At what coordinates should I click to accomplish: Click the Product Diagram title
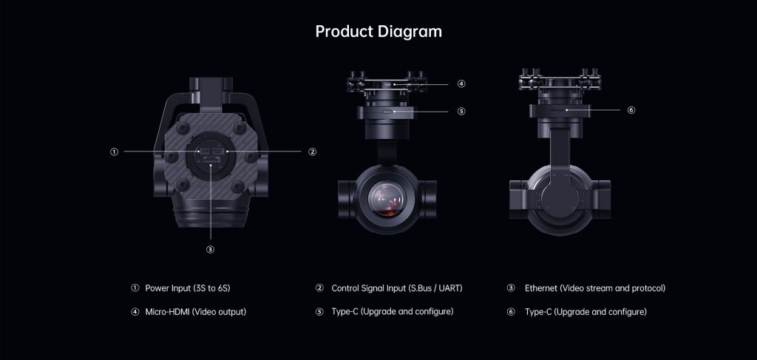click(378, 31)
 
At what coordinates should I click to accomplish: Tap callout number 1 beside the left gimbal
click(114, 152)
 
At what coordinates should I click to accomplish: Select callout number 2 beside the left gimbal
click(313, 152)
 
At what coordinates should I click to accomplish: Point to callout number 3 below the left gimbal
click(210, 250)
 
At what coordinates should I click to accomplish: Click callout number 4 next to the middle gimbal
click(461, 84)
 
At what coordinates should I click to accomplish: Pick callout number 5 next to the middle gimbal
click(461, 112)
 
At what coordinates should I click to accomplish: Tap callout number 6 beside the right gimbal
click(631, 110)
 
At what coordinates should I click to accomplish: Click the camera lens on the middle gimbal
click(386, 199)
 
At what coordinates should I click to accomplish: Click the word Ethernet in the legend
click(541, 288)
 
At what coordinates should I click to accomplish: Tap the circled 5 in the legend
click(319, 312)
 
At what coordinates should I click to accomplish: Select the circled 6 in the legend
click(511, 312)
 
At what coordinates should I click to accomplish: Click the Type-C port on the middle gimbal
click(387, 112)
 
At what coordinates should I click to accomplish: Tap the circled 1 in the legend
click(135, 288)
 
